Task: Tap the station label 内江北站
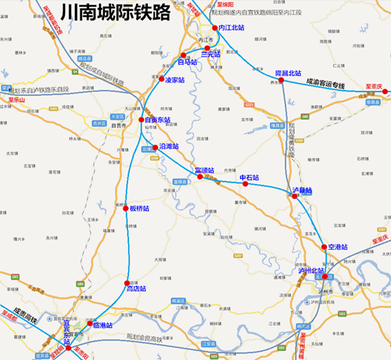click(231, 27)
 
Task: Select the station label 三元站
click(212, 55)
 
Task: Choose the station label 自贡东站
click(156, 121)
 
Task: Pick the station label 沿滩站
click(167, 146)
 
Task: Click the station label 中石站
click(249, 178)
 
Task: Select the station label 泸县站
click(302, 190)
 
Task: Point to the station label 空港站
click(341, 247)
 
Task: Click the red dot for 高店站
click(127, 282)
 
